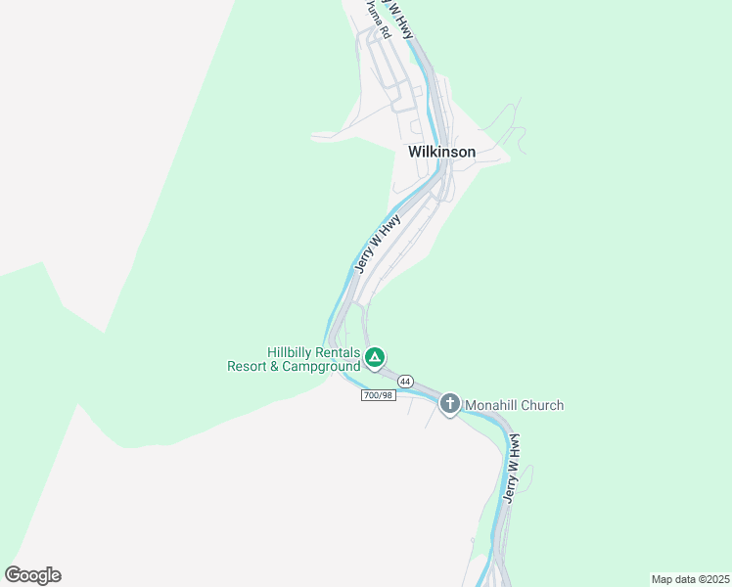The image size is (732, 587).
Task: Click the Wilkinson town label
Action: pos(441,152)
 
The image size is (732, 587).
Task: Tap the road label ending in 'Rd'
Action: pos(380,19)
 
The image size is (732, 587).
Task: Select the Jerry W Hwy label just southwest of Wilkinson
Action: pos(377,244)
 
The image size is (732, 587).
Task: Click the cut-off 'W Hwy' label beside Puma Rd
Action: pos(401,20)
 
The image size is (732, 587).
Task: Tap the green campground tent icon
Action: pos(375,357)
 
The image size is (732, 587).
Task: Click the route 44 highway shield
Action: pos(405,381)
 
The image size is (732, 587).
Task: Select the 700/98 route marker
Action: pos(378,394)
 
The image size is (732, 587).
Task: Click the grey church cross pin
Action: pos(449,403)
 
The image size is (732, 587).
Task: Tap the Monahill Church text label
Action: pos(514,405)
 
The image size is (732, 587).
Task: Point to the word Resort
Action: pos(249,367)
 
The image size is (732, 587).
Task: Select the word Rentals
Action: pos(340,352)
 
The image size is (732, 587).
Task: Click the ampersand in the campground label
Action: pos(276,367)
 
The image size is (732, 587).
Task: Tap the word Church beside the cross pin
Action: pos(542,405)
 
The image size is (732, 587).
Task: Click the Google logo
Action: pos(32,575)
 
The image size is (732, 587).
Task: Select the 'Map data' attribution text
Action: pos(673,579)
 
